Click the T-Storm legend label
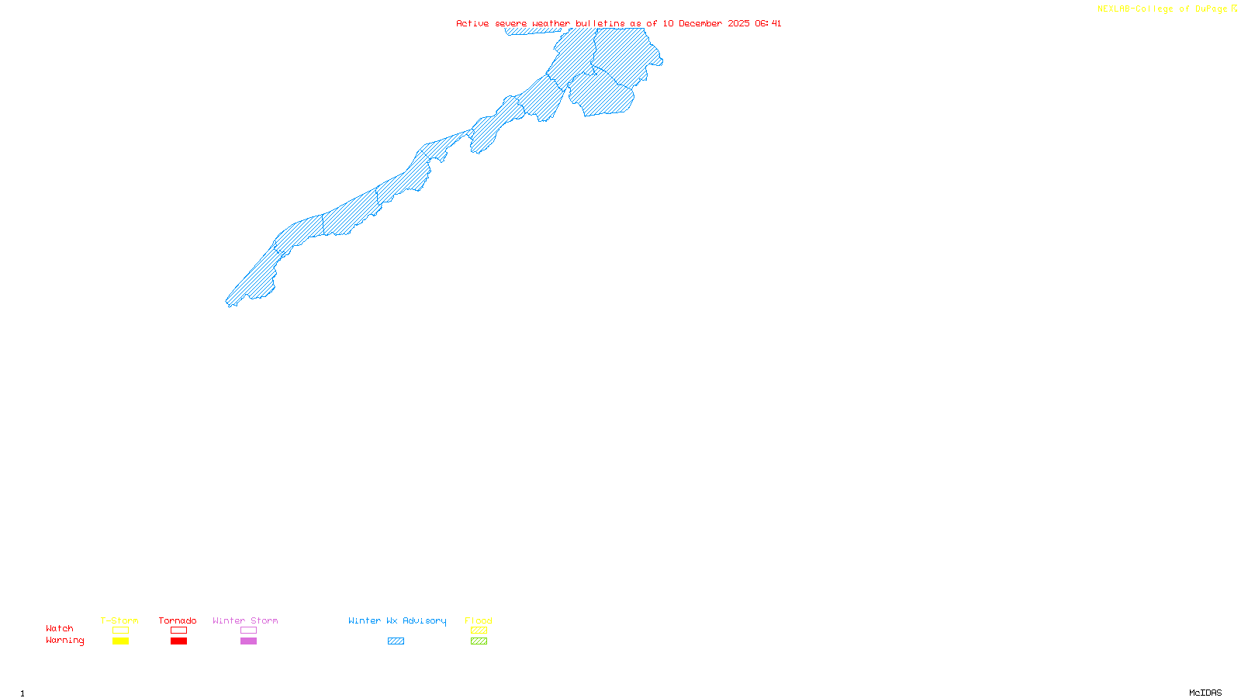tap(119, 620)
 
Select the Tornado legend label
tap(178, 620)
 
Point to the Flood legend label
tap(479, 620)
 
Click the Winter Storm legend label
tap(245, 620)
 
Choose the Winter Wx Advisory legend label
tap(397, 620)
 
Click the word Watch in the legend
tap(60, 628)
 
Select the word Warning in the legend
tap(64, 641)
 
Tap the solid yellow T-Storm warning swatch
tap(120, 641)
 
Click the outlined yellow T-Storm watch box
tap(120, 631)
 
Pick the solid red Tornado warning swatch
tap(179, 641)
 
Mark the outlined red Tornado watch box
tap(179, 631)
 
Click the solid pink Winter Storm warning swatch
tap(248, 641)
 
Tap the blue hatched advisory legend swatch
tap(396, 641)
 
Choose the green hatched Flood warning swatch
tap(479, 641)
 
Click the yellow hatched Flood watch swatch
tap(479, 631)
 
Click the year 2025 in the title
tap(738, 23)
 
